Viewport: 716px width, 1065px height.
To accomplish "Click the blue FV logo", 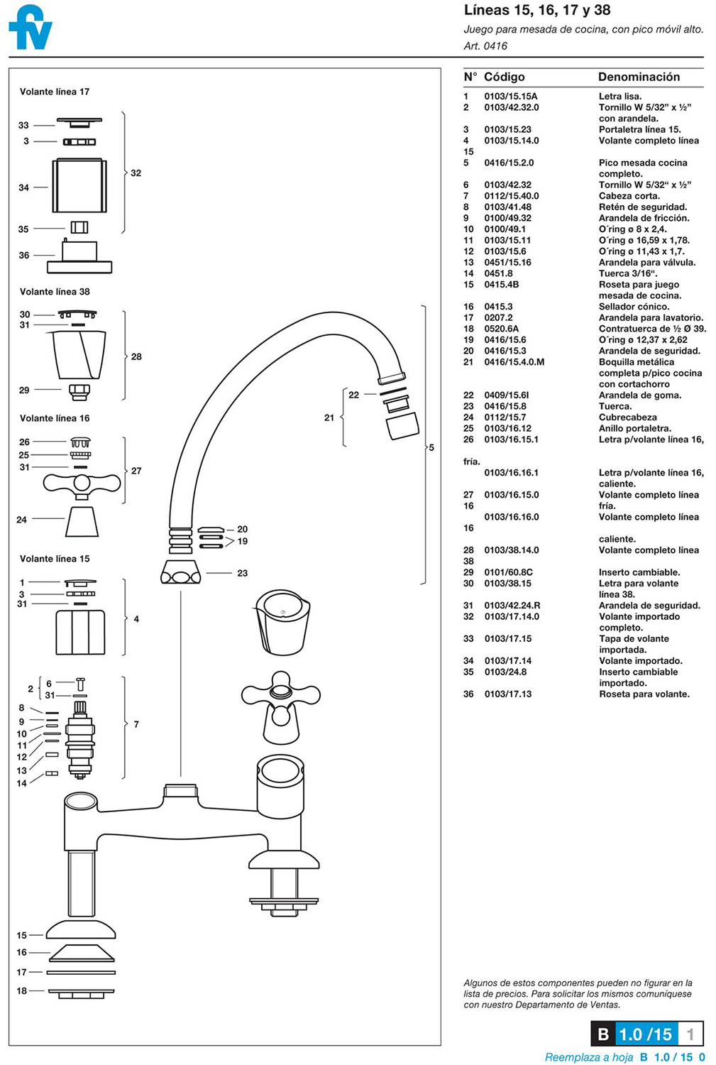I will pos(31,28).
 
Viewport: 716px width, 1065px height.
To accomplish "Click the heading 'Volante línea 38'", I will pos(55,292).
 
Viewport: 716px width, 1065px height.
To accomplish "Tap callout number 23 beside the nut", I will pos(242,573).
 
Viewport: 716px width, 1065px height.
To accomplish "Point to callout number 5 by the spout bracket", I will pos(431,447).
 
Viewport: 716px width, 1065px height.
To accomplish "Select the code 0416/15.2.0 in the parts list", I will pos(509,163).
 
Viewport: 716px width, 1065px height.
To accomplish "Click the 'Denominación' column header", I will pos(639,77).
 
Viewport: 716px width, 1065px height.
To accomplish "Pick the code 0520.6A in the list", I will pos(501,329).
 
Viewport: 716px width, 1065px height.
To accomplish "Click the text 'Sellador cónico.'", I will pos(634,307).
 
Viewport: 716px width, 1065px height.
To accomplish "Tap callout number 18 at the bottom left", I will pos(22,990).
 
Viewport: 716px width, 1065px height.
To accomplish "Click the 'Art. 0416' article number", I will pos(485,46).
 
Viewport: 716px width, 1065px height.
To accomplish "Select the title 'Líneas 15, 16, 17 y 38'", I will pos(537,11).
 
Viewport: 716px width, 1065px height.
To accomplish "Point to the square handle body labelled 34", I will pos(79,185).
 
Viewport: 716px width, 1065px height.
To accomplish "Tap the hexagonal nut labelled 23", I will pos(181,572).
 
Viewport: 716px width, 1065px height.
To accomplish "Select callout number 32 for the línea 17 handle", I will pos(136,173).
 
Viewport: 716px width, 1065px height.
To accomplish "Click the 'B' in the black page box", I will pos(603,1034).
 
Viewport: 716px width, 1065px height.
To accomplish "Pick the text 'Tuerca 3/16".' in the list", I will pos(628,273).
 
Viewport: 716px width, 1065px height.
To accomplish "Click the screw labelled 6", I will pos(80,684).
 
